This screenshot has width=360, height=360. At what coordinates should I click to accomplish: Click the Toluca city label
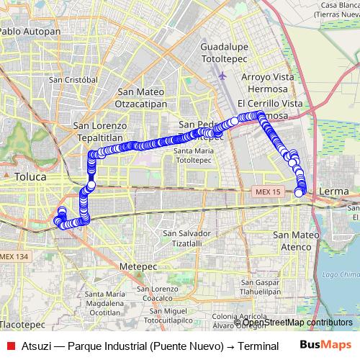(30, 176)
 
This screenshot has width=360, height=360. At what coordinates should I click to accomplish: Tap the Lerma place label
(336, 190)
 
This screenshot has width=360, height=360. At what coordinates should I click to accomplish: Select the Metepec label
(138, 266)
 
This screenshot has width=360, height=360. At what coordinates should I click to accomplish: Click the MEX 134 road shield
(14, 257)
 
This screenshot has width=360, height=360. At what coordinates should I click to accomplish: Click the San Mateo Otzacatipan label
(142, 97)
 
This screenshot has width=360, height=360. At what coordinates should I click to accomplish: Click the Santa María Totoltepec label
(194, 155)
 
